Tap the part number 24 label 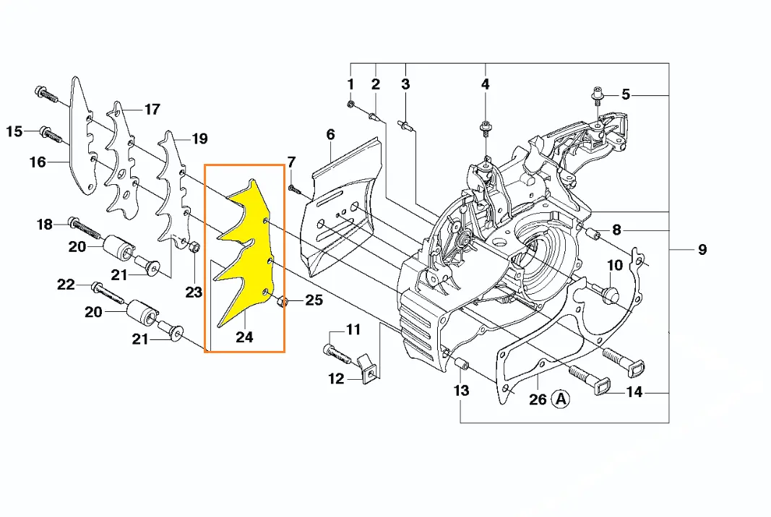tap(244, 336)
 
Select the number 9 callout tap(702, 250)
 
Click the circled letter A tap(561, 399)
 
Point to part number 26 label tap(538, 399)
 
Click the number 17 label tap(152, 110)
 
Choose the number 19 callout tap(199, 139)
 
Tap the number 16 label tap(38, 162)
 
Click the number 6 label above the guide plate tap(330, 134)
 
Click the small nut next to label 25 tap(284, 301)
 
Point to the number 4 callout tap(485, 84)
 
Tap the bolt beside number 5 tap(598, 94)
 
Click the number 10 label tap(614, 265)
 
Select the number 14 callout tap(634, 393)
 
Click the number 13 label tap(461, 391)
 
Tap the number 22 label tap(66, 285)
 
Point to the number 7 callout tap(291, 161)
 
